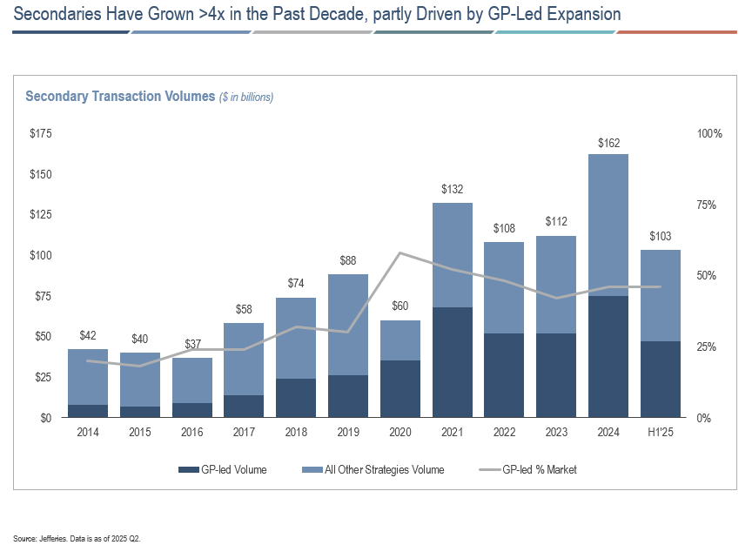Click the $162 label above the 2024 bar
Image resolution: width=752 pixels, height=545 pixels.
(x=609, y=143)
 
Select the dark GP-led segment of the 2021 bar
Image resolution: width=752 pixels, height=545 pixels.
(x=453, y=362)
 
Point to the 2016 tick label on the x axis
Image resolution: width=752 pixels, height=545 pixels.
(x=191, y=433)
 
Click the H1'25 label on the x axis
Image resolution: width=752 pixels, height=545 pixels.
(x=661, y=433)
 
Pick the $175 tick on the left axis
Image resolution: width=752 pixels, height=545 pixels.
(x=41, y=134)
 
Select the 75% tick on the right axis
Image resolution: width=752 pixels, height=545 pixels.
(x=709, y=205)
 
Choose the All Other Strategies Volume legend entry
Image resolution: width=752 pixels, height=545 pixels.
(x=375, y=470)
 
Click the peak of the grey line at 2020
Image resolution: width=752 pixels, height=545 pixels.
(x=400, y=253)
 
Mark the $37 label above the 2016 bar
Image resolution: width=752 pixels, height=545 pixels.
(x=191, y=347)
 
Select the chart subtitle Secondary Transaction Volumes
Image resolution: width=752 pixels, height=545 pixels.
(x=120, y=97)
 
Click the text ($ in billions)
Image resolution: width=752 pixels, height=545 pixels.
(x=246, y=98)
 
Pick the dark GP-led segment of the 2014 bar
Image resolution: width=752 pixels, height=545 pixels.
(x=87, y=411)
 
